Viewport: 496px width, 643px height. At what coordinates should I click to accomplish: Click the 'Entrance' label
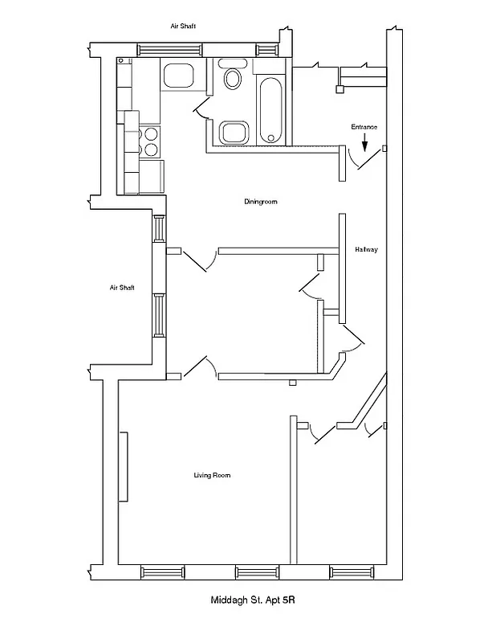coord(364,127)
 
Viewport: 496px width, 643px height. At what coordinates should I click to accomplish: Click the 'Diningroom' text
coord(261,202)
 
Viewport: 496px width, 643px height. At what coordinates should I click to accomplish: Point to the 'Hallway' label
coord(366,250)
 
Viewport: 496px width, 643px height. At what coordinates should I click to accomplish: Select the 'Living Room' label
coord(212,476)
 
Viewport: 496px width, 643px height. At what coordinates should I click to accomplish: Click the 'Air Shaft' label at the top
coord(184,27)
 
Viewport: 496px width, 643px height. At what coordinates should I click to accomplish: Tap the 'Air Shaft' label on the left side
coord(122,288)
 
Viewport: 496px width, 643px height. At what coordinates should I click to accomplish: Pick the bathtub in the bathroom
coord(270,109)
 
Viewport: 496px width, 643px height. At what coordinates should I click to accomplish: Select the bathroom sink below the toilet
coord(233,133)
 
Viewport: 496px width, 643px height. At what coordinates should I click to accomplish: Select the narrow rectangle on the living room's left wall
coord(124,467)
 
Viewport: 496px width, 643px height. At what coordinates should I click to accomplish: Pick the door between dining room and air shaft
coord(197,260)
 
